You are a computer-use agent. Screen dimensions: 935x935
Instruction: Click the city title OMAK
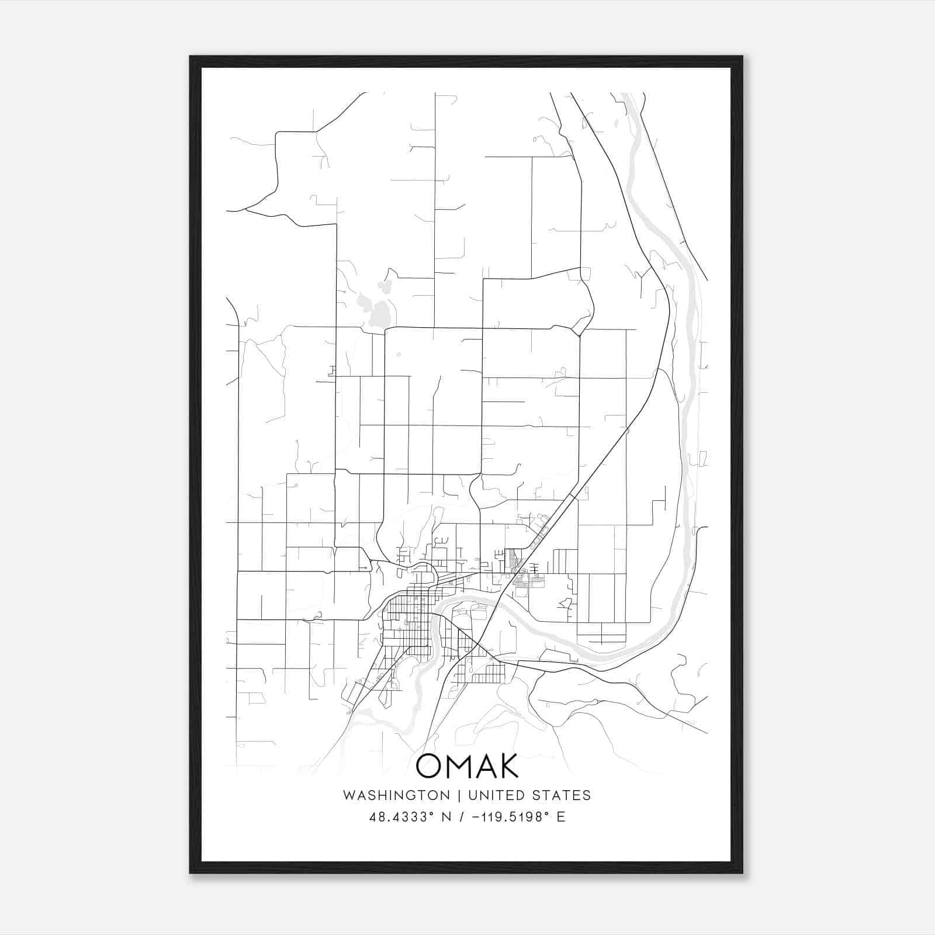click(x=467, y=766)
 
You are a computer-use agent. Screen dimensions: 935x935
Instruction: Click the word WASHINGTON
click(x=396, y=795)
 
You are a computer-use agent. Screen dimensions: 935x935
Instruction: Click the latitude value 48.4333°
click(x=400, y=817)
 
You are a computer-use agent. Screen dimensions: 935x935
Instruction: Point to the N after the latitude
click(x=446, y=817)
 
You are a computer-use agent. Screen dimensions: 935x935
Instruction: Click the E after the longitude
click(x=561, y=817)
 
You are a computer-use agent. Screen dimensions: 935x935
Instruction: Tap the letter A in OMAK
click(x=483, y=766)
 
